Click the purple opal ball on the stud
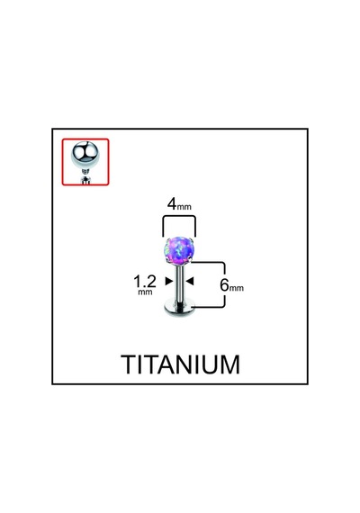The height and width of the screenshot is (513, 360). (177, 252)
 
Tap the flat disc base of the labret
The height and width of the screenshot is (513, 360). (179, 310)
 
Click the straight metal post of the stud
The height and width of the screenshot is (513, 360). (180, 284)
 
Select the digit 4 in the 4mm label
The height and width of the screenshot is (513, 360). (172, 203)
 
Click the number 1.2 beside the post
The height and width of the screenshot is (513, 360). (145, 281)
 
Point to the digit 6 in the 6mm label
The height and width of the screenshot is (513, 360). (224, 285)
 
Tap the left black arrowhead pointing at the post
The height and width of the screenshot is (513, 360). (169, 281)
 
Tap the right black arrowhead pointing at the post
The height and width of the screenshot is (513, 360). (190, 281)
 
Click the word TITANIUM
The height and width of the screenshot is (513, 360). (181, 364)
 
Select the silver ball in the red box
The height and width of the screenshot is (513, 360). (84, 155)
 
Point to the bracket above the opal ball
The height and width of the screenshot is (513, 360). (179, 216)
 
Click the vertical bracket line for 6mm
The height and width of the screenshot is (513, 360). (224, 284)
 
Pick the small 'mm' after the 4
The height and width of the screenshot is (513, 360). (184, 207)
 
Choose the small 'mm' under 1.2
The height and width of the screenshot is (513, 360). (145, 292)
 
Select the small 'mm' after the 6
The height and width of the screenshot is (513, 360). (237, 288)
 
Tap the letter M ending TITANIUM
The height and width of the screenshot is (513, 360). (231, 364)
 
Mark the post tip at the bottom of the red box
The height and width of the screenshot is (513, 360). (85, 180)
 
